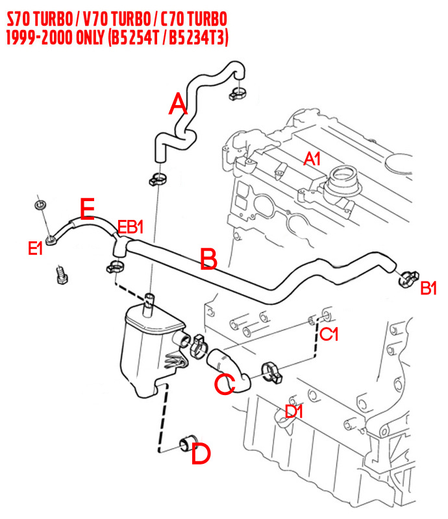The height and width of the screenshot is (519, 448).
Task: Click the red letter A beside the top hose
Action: pyautogui.click(x=178, y=104)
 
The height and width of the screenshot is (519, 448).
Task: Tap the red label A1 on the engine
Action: pyautogui.click(x=312, y=158)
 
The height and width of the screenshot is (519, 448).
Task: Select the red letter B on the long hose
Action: pyautogui.click(x=208, y=259)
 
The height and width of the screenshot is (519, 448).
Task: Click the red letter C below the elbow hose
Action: pyautogui.click(x=224, y=383)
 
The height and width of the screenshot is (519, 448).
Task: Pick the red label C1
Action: pyautogui.click(x=330, y=334)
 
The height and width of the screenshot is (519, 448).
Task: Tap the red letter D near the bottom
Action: pyautogui.click(x=201, y=454)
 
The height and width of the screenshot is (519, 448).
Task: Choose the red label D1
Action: pyautogui.click(x=296, y=411)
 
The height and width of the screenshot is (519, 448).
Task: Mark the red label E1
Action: pyautogui.click(x=36, y=247)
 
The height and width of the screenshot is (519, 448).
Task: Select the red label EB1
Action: pyautogui.click(x=131, y=228)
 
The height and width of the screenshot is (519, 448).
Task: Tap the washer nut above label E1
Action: pyautogui.click(x=40, y=206)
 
